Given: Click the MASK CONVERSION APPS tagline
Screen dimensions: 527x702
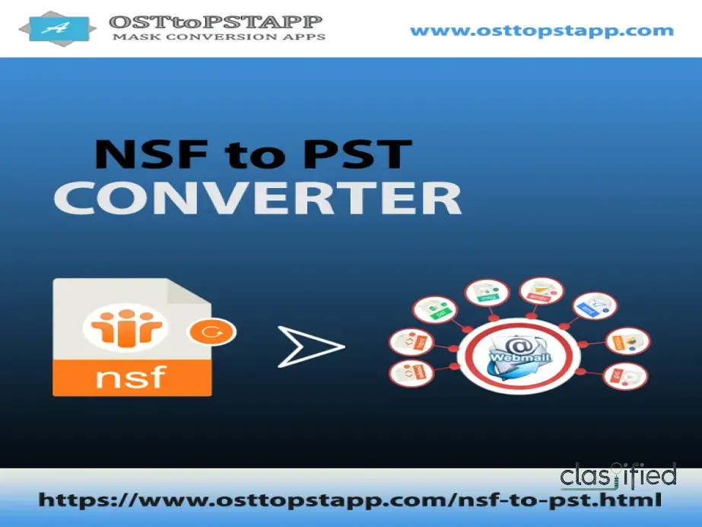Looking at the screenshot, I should point(218,37).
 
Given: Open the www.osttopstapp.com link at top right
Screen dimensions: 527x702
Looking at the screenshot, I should point(542,31).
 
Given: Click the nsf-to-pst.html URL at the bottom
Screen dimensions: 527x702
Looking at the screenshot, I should point(349,500).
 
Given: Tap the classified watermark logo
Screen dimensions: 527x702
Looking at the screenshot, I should point(618,476).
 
